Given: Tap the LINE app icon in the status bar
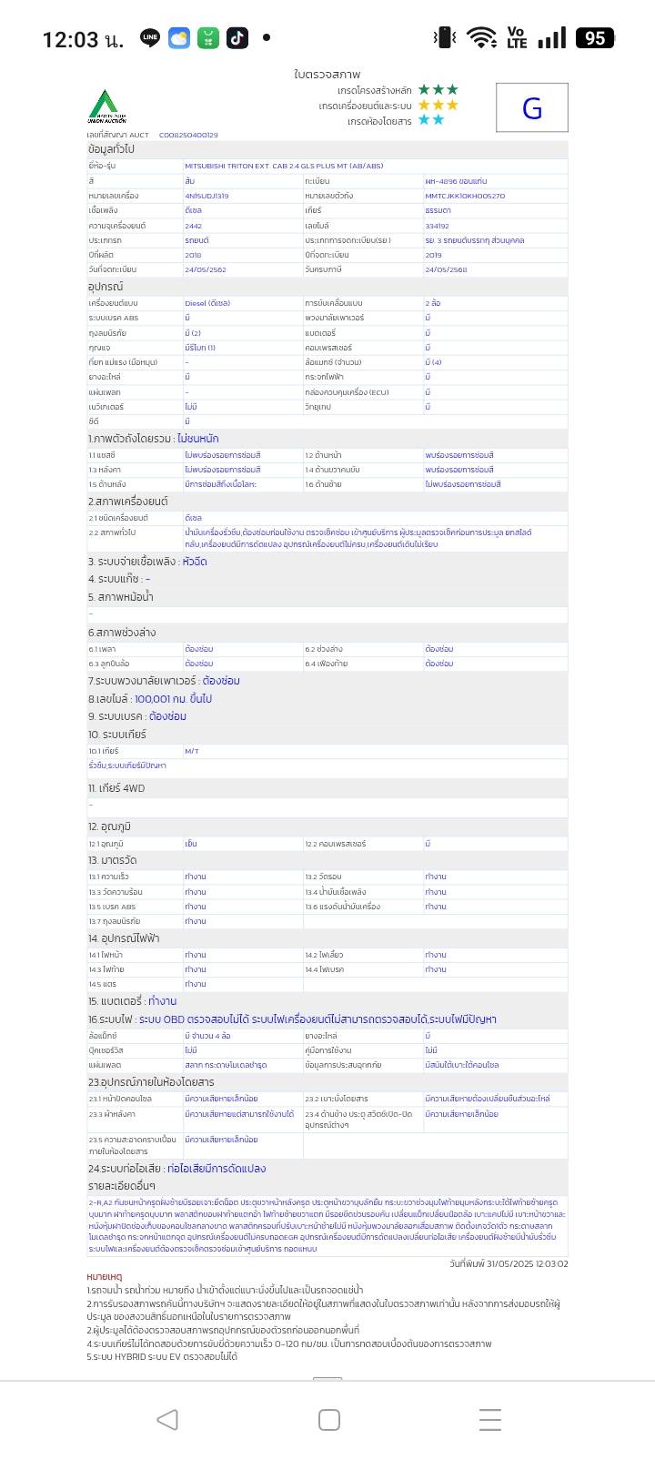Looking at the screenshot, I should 150,37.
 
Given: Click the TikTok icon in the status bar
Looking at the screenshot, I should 237,37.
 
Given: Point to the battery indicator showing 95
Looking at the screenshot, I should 595,37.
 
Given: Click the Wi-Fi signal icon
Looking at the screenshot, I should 481,37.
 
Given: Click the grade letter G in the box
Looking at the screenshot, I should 532,108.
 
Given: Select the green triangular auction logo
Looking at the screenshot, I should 106,106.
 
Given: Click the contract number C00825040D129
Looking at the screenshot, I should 188,135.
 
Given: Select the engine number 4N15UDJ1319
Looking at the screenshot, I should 207,196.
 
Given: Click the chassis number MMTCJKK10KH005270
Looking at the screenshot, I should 465,196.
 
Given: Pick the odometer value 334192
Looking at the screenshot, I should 437,226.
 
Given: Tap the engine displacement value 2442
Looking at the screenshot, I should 193,226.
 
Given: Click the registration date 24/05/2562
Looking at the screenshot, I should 205,270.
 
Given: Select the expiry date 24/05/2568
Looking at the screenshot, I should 446,270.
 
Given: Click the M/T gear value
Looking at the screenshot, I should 191,751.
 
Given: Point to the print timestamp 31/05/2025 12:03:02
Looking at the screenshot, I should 509,1263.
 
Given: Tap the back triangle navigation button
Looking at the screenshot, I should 167,1419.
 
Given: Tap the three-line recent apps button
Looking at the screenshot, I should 490,1419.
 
